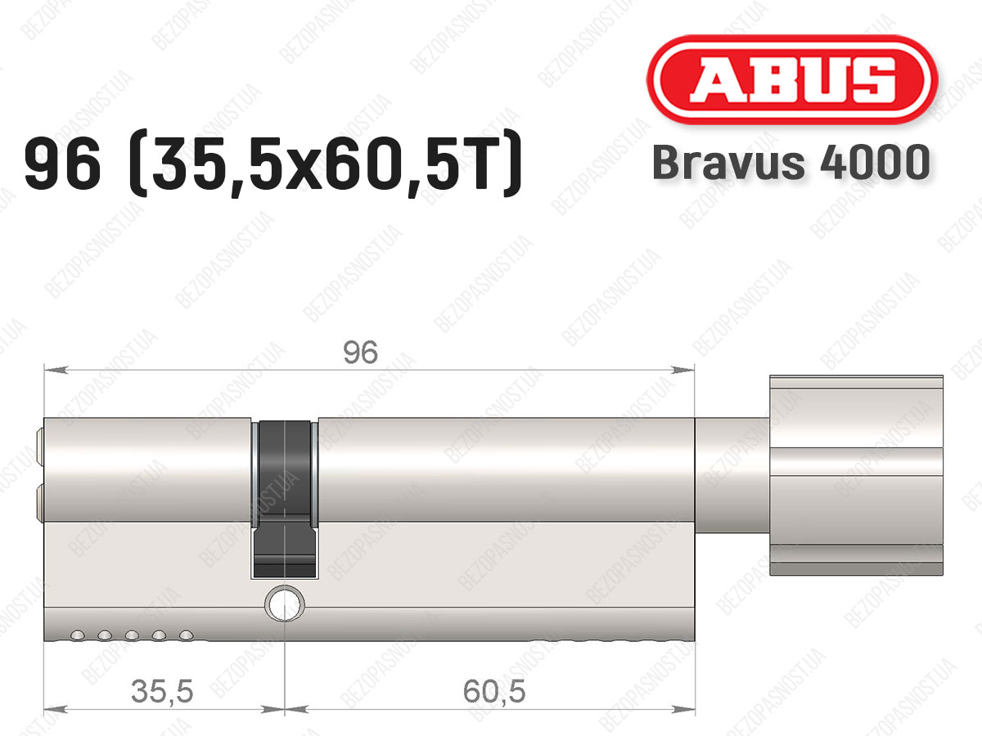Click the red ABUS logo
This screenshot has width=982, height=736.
tap(792, 79)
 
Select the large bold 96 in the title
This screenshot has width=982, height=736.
tap(63, 164)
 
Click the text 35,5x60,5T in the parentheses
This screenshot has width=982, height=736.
tap(325, 165)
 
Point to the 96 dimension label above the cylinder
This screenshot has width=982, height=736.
tap(360, 352)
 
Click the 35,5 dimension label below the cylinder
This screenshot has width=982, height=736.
tap(162, 691)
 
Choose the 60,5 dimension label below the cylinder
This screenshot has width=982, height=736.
tap(494, 691)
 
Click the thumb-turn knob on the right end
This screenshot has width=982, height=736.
tap(856, 475)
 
